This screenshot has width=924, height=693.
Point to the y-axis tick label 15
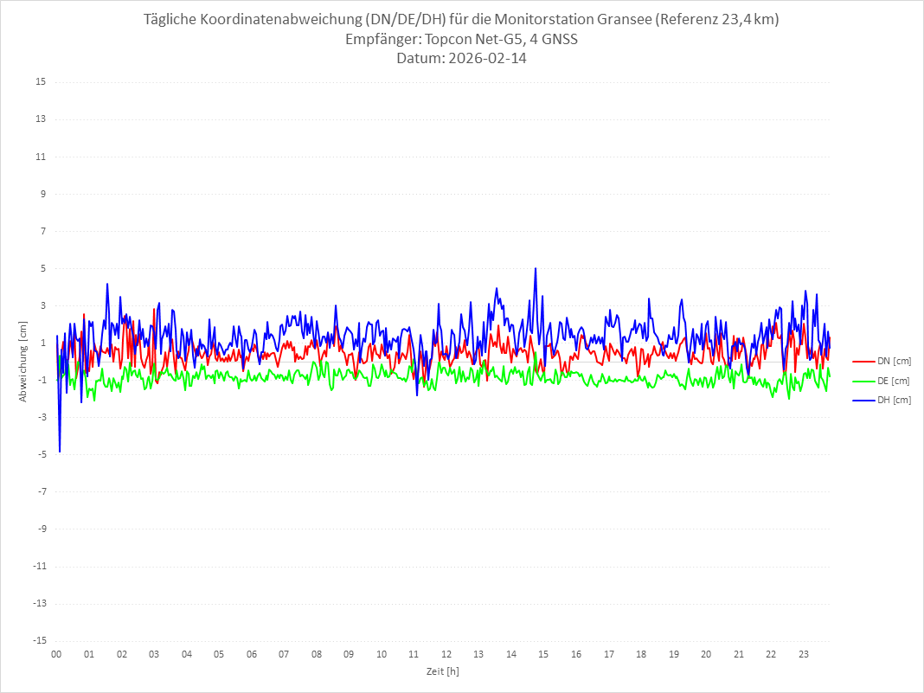click(41, 82)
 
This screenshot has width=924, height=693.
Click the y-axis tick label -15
click(39, 641)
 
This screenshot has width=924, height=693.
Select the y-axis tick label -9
click(41, 529)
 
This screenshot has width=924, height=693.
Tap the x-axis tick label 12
click(446, 654)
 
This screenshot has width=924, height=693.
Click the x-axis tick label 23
click(804, 654)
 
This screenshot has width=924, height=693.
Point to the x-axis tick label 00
click(56, 654)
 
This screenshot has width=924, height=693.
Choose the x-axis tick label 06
click(251, 654)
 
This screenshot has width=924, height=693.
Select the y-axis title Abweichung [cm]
click(23, 362)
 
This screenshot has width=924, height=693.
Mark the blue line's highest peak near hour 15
click(536, 269)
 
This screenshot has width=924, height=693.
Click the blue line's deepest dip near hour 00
click(60, 452)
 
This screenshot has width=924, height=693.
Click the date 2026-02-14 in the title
click(485, 59)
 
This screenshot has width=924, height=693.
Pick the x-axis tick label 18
click(641, 654)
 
